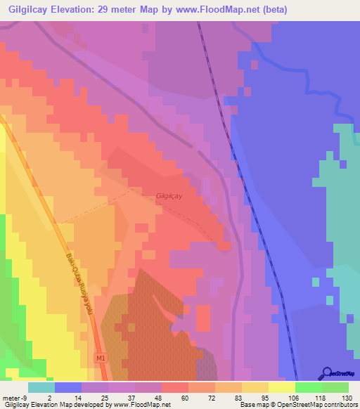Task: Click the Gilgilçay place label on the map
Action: point(169,196)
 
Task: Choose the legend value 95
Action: point(256,397)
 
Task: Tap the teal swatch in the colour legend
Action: point(41,387)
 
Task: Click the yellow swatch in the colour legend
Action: point(282,387)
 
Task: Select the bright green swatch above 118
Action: point(309,387)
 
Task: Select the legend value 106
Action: point(283,397)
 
